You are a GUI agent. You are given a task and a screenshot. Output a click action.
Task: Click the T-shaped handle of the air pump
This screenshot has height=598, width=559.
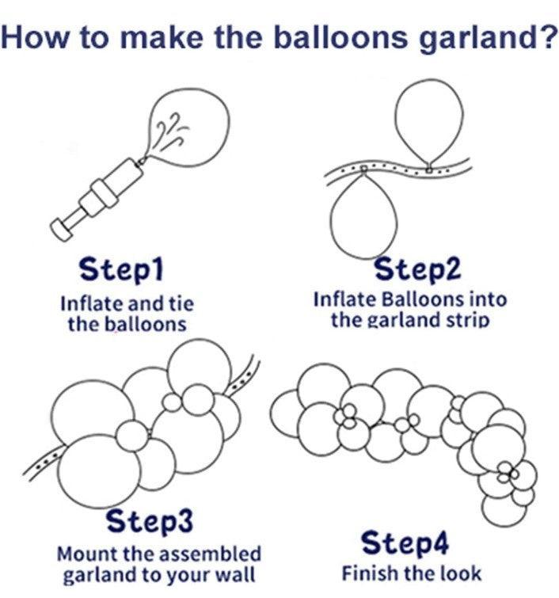point(62,227)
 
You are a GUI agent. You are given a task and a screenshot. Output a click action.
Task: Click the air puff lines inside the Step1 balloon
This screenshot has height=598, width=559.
point(169,129)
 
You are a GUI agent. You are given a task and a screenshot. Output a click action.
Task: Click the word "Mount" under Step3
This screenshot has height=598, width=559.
point(85,552)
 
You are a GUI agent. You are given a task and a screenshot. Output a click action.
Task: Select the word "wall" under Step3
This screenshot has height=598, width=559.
point(239,573)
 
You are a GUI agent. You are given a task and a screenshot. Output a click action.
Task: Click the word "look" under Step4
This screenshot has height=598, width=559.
point(459,573)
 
